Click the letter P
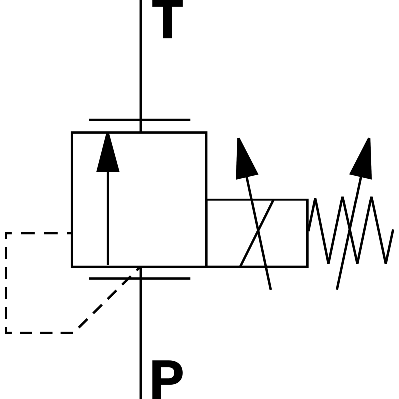tap(166, 380)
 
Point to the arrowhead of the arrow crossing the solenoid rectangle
tap(245, 159)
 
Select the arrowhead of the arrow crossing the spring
tap(363, 159)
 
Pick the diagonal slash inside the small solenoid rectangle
tap(257, 233)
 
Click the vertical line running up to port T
tap(141, 60)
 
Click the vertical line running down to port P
tap(141, 339)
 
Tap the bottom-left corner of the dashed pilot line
tap(6, 332)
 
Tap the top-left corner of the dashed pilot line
tap(6, 233)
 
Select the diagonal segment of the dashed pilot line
tap(107, 300)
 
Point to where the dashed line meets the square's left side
tap(72, 233)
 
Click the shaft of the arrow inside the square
tap(108, 219)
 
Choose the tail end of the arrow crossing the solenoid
tap(270, 288)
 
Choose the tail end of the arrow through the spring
tap(338, 288)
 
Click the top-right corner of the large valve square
tap(206, 133)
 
